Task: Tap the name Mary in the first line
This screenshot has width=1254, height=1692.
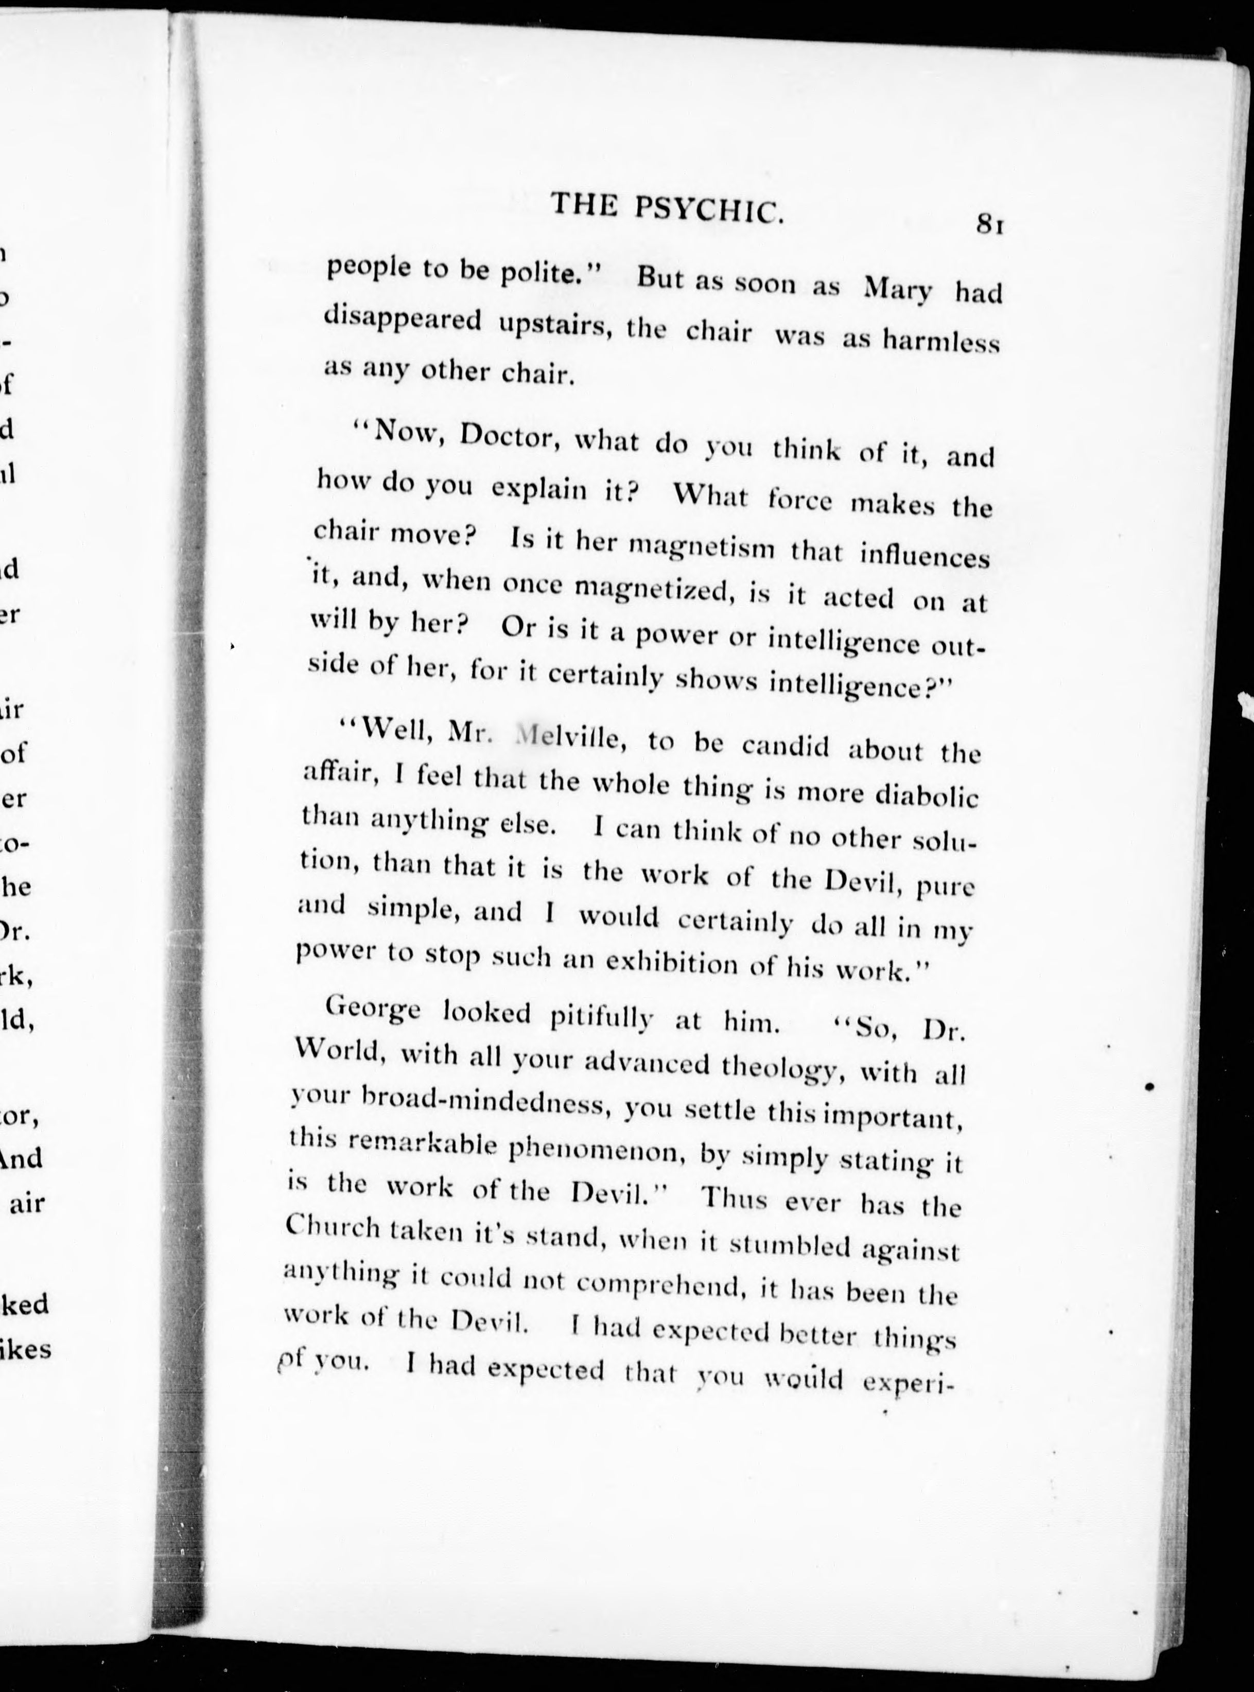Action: tap(898, 289)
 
